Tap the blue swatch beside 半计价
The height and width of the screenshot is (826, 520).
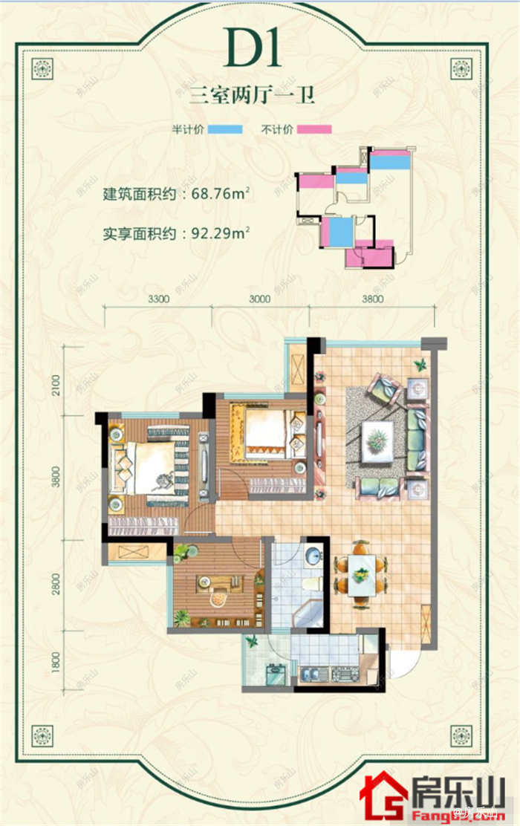[x=225, y=129]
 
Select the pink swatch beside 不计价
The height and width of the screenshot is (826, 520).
[x=313, y=129]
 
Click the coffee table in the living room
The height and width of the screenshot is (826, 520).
[x=378, y=436]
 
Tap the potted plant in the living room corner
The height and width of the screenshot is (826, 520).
[x=420, y=365]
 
